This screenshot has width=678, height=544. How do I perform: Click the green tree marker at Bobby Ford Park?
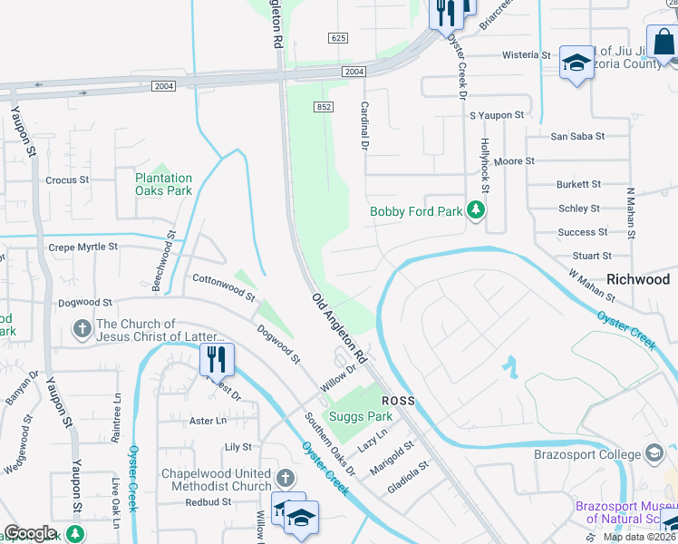click(x=475, y=211)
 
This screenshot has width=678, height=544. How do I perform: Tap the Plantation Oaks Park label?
click(x=163, y=185)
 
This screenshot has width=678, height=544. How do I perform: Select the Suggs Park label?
click(x=361, y=417)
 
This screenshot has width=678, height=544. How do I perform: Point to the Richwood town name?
click(x=637, y=279)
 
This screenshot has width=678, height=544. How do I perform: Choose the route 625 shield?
click(x=338, y=37)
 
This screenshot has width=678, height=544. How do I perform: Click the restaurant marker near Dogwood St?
click(x=217, y=359)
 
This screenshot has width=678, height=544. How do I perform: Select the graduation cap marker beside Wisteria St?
click(x=575, y=63)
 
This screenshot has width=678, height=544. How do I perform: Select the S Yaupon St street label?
click(x=497, y=115)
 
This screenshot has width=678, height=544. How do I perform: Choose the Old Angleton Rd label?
click(x=338, y=324)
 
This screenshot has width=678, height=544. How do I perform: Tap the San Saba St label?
click(x=577, y=137)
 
